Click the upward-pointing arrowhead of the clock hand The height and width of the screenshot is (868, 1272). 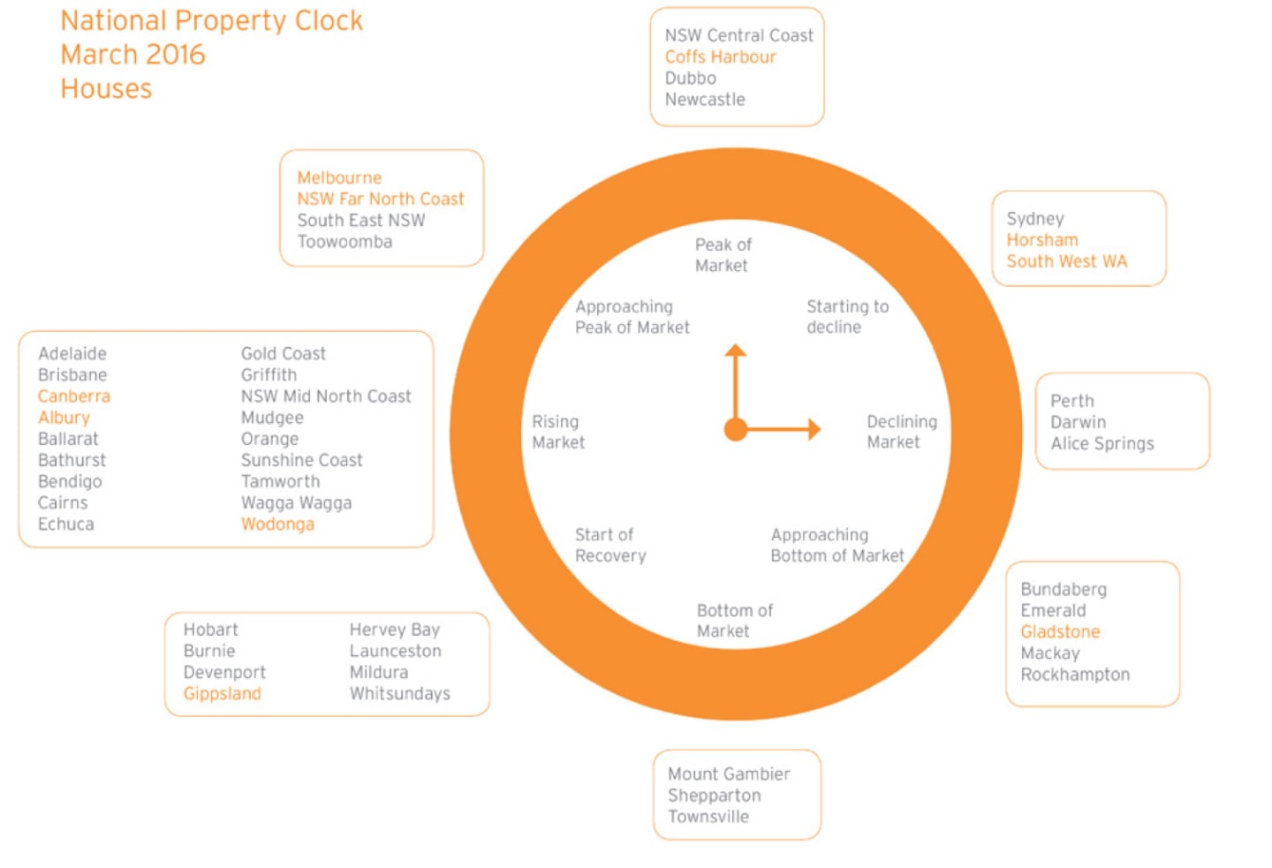click(735, 351)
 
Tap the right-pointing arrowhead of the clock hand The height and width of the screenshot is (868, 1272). click(814, 430)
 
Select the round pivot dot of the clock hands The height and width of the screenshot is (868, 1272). click(735, 430)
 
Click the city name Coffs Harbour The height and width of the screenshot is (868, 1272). click(720, 57)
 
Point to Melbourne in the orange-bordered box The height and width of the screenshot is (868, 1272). click(339, 177)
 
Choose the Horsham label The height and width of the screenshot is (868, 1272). click(1042, 240)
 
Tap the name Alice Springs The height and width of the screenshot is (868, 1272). click(1102, 444)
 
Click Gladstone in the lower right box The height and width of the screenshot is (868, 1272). click(1060, 632)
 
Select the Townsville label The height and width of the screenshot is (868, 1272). click(708, 817)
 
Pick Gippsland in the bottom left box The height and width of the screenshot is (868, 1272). click(222, 694)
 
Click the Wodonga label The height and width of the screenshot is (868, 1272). click(277, 524)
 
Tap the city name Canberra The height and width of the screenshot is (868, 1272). click(74, 396)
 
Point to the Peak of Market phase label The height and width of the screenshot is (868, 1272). click(723, 255)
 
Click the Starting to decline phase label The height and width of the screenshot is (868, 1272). click(848, 317)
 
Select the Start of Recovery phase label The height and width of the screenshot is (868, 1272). click(610, 545)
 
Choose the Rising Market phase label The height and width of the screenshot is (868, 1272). click(558, 432)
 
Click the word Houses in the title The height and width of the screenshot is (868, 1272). click(106, 88)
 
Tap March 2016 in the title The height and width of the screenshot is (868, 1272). click(132, 55)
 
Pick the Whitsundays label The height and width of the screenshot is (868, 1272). click(400, 694)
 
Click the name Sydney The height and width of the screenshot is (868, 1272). click(1035, 219)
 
